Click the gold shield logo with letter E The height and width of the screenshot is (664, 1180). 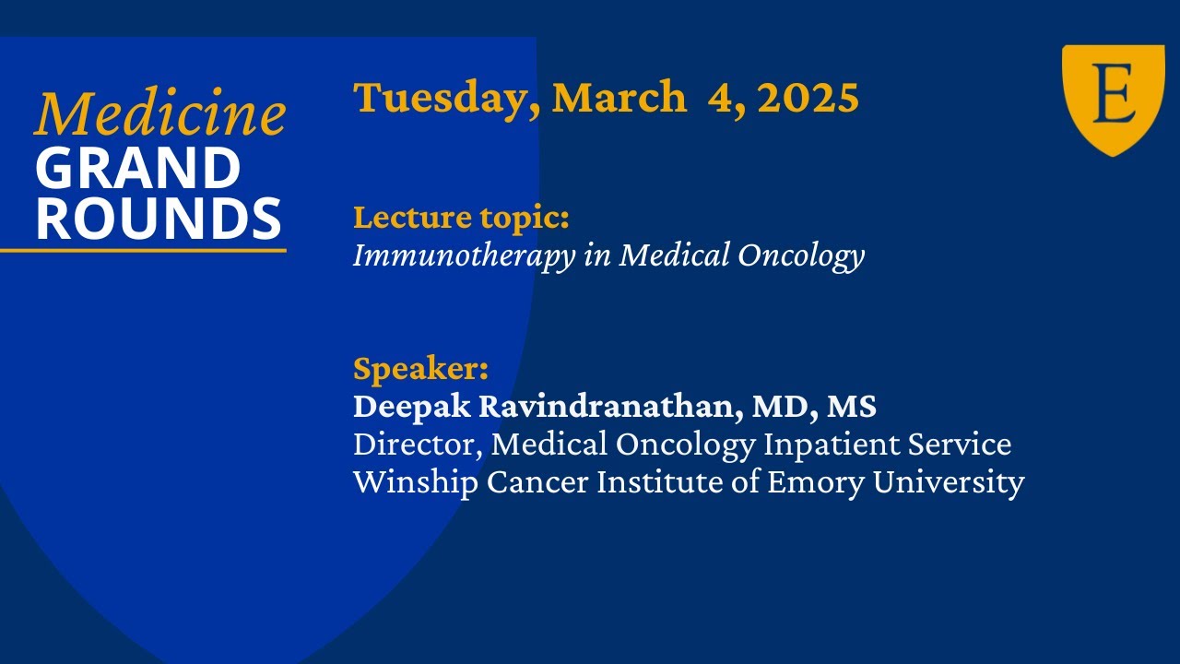tap(1113, 99)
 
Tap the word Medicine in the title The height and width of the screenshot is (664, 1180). tap(159, 114)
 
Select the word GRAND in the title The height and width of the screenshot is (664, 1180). tap(138, 169)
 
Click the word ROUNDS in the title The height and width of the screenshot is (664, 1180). tap(159, 219)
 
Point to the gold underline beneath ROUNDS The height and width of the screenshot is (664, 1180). tap(143, 250)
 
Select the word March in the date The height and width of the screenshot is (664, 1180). tap(619, 98)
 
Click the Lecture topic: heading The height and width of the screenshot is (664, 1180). tap(461, 219)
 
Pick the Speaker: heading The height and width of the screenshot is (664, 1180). tap(420, 368)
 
